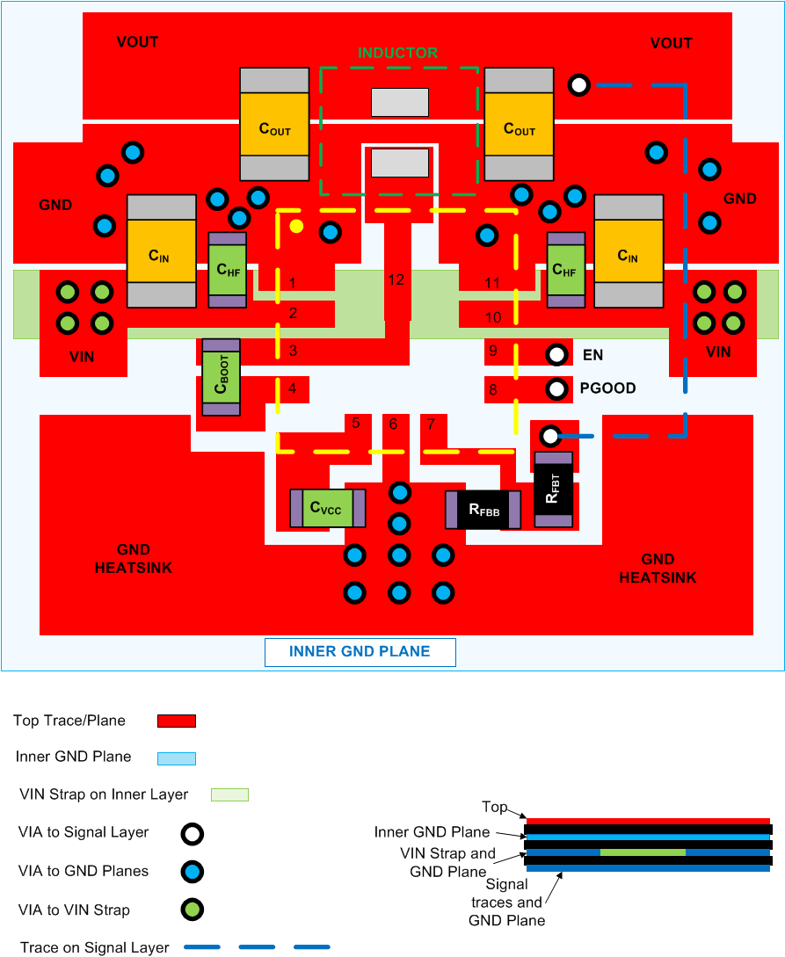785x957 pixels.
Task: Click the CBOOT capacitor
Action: [x=221, y=377]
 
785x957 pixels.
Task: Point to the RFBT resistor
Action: [x=554, y=489]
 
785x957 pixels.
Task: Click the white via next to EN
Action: [x=556, y=355]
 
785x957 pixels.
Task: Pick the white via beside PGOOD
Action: [x=556, y=388]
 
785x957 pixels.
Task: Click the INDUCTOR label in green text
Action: [x=397, y=53]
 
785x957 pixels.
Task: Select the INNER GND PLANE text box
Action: [x=360, y=652]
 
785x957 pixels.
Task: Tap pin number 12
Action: [x=396, y=279]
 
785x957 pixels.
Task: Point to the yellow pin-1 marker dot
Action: [x=297, y=226]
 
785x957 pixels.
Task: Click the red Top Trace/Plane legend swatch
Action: [x=176, y=721]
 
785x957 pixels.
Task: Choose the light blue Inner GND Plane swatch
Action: [x=176, y=758]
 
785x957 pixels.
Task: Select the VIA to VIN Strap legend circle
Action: [x=193, y=910]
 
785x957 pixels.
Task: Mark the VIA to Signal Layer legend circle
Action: [x=193, y=833]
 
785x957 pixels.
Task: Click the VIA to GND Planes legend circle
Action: [x=193, y=872]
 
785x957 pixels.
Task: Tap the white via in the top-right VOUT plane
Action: [x=578, y=85]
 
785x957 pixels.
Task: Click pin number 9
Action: [x=493, y=351]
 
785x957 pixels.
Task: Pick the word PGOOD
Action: [x=607, y=388]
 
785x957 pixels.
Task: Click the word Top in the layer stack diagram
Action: [x=494, y=807]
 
